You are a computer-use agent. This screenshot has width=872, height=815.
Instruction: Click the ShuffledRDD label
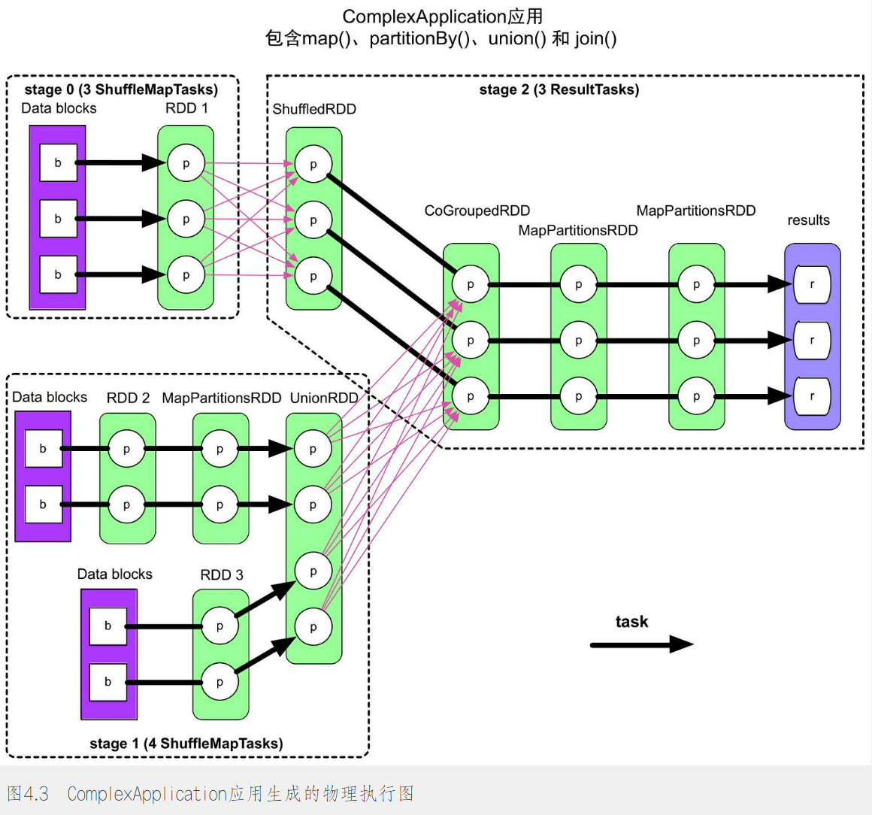(314, 109)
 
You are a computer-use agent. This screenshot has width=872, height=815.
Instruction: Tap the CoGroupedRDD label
(477, 211)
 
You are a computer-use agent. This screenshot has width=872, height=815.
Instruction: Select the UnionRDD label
(324, 398)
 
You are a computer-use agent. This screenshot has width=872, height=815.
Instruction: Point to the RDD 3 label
(222, 574)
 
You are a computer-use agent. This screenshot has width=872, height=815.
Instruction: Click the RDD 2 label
(128, 398)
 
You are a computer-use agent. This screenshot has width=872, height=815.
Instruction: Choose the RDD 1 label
(186, 108)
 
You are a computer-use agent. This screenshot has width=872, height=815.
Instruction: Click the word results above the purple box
(808, 220)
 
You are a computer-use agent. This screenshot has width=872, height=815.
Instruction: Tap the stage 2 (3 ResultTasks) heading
(559, 89)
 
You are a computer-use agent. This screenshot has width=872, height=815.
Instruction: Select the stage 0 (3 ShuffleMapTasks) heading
(121, 89)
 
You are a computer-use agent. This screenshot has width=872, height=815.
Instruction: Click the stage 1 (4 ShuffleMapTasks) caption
(186, 744)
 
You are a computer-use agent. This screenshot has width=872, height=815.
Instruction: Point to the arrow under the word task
(640, 644)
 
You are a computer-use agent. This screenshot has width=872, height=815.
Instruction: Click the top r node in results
(812, 285)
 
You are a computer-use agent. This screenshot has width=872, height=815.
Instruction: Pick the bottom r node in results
(812, 396)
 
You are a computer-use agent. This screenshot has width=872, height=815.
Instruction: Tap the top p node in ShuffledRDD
(313, 165)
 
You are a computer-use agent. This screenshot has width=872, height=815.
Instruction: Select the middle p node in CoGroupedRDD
(471, 341)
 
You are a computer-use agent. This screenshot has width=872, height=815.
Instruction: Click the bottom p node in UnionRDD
(313, 627)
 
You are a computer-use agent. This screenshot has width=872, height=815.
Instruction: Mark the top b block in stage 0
(58, 163)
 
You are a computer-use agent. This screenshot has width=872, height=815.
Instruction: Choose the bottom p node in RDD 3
(220, 682)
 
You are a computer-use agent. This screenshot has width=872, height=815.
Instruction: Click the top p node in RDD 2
(126, 449)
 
